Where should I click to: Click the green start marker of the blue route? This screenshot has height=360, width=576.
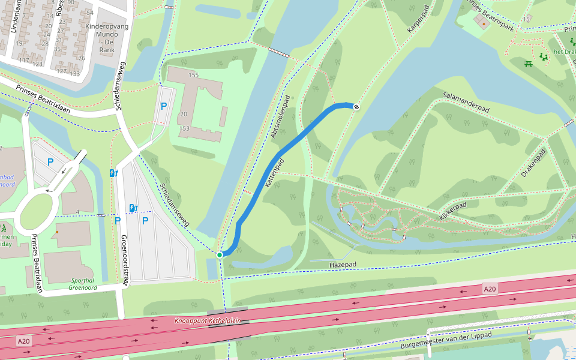(220, 255)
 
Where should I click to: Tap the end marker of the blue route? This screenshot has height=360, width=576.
(356, 107)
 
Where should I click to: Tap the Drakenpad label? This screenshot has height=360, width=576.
(533, 162)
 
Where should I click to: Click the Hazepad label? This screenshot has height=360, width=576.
(343, 265)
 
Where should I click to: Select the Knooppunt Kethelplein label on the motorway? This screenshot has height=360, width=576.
(207, 321)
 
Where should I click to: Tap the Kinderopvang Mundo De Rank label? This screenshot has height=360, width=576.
(100, 38)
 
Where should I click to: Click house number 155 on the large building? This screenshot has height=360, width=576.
(193, 75)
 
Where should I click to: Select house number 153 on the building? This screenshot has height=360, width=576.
(184, 128)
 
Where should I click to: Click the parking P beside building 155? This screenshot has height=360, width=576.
(163, 106)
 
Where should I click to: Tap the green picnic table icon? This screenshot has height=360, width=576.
(529, 64)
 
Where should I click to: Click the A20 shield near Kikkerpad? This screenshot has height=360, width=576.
(490, 289)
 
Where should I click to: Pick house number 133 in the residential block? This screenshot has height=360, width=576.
(74, 73)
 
